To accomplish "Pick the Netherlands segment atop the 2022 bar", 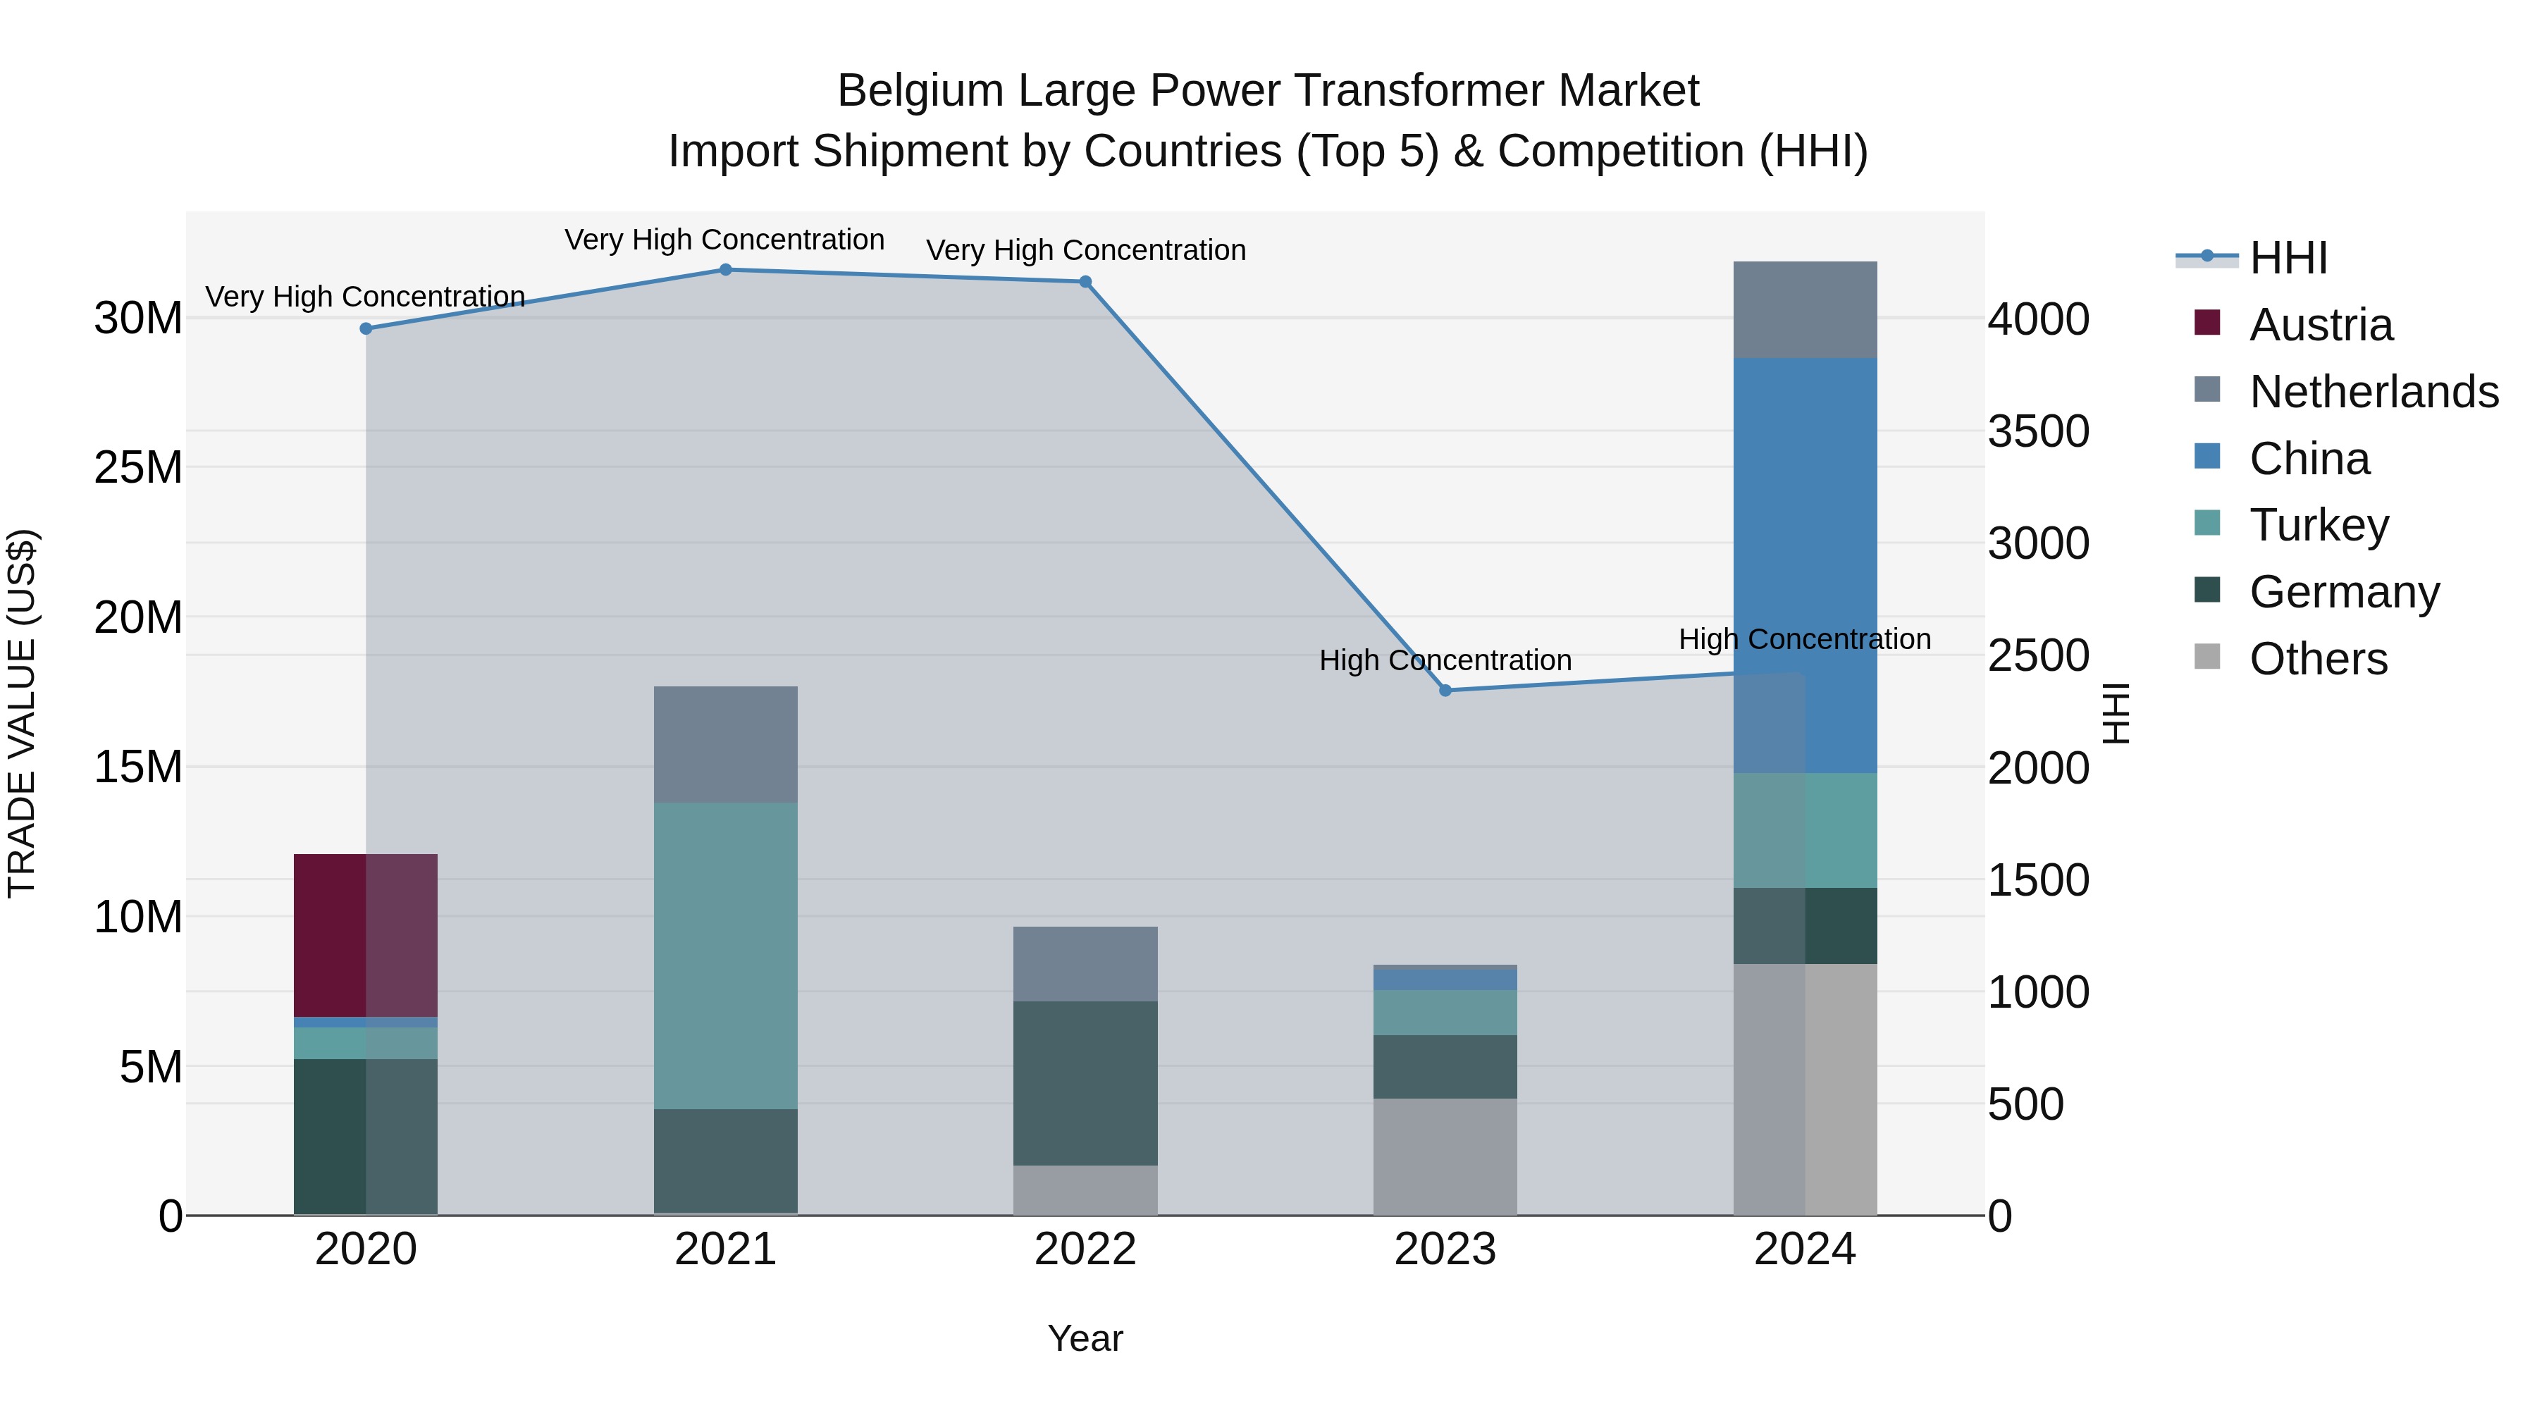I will click(1085, 963).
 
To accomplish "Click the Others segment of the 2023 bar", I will click(1444, 1156).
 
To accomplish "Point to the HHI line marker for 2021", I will click(725, 270).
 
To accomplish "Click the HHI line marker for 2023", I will click(1445, 691).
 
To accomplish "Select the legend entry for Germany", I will click(2343, 592).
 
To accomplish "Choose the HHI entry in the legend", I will click(2287, 258).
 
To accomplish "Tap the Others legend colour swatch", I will click(2207, 657).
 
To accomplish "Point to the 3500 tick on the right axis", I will click(2037, 431).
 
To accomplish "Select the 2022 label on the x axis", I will click(1085, 1249).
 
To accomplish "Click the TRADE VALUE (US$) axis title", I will click(22, 713).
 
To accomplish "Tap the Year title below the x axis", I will click(1085, 1338).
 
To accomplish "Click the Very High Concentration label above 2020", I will click(364, 297).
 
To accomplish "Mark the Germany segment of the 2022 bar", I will click(1085, 1082).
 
